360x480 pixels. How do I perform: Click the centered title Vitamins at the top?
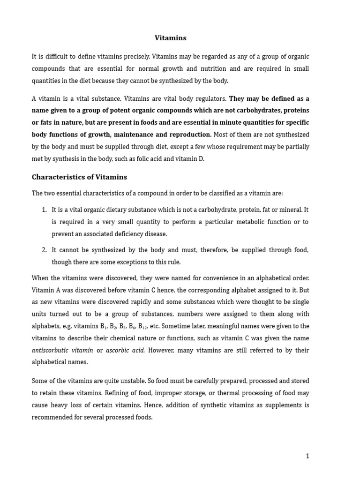tap(171, 38)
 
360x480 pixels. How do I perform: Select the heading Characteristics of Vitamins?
tap(79, 177)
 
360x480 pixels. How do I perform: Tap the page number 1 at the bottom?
tap(307, 456)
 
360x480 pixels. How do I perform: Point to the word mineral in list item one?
tap(290, 210)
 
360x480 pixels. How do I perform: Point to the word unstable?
tap(127, 381)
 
